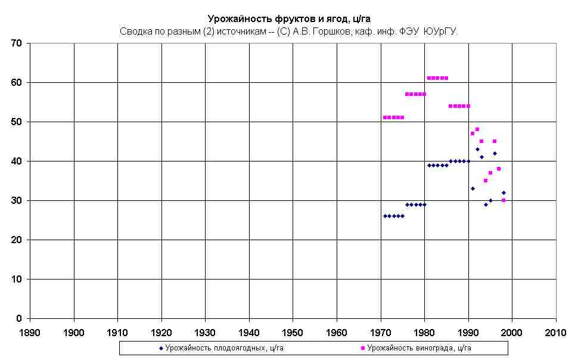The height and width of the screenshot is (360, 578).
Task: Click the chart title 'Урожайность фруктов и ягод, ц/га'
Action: (x=288, y=18)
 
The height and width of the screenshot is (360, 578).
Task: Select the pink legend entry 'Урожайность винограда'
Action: (x=419, y=347)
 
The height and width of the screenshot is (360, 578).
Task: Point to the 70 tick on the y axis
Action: (x=16, y=44)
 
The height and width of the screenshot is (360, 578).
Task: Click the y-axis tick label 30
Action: (x=16, y=201)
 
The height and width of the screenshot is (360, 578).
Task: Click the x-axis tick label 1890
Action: (x=30, y=331)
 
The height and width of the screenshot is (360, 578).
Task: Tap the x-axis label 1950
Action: (x=293, y=331)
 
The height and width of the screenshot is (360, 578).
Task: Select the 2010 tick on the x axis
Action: (x=555, y=331)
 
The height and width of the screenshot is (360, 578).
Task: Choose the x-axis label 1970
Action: (x=380, y=331)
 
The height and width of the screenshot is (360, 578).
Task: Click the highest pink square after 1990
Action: (x=477, y=129)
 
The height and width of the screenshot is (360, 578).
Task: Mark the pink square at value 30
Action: (x=504, y=200)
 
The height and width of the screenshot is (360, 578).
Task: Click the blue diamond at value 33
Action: (x=473, y=188)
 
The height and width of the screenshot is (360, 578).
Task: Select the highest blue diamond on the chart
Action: (x=477, y=149)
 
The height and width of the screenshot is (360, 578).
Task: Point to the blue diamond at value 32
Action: (x=504, y=193)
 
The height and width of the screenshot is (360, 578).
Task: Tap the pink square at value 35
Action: (x=486, y=181)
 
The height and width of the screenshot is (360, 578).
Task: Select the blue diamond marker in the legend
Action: (x=161, y=347)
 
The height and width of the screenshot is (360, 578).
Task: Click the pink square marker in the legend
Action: (x=363, y=347)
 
